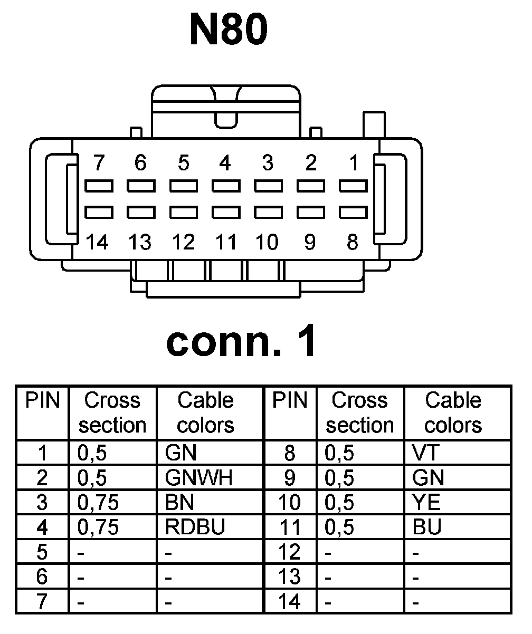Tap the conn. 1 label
[x=241, y=341]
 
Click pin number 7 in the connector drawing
[x=98, y=164]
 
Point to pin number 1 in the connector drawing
[x=354, y=164]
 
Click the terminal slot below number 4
[x=226, y=186]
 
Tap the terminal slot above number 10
[x=268, y=212]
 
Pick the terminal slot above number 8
[x=353, y=212]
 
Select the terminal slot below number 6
[x=140, y=186]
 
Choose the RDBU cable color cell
[x=195, y=527]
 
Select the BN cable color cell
[x=180, y=503]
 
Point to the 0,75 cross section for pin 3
[x=98, y=503]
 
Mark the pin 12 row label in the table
[x=289, y=552]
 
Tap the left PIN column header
[x=42, y=401]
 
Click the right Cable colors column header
[x=453, y=412]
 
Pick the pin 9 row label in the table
[x=289, y=478]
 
